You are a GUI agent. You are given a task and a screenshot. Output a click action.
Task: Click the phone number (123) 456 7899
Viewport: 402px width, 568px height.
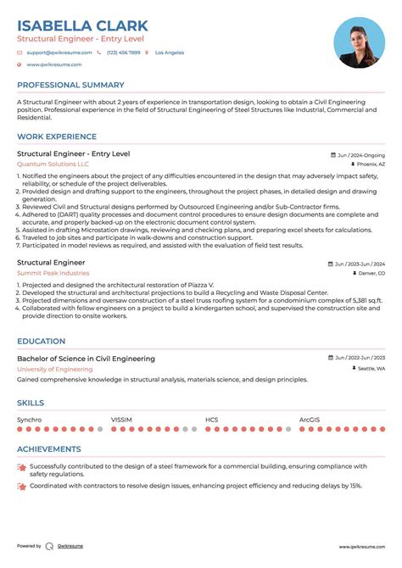(123, 53)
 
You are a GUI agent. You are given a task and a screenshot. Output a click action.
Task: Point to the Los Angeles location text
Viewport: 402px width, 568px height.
(168, 53)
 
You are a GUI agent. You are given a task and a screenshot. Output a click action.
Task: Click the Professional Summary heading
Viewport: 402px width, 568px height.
(70, 85)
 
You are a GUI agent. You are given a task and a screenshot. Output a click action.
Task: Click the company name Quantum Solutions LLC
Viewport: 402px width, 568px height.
(53, 164)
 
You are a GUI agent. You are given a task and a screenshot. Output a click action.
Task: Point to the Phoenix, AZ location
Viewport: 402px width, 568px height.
(370, 164)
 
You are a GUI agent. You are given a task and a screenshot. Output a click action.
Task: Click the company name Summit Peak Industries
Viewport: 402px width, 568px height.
(53, 273)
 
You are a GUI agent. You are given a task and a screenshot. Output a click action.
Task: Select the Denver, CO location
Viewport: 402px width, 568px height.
(371, 274)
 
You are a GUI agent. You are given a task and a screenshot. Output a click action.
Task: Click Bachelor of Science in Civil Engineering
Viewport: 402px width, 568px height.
(86, 359)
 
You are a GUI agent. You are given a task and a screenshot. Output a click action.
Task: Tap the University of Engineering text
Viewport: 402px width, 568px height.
(54, 370)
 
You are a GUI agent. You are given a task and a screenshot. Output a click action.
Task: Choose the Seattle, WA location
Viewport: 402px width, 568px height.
(371, 370)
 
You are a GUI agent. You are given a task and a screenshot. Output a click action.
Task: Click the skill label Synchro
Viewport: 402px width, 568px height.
(29, 419)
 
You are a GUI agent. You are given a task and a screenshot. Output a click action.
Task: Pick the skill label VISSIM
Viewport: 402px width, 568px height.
(121, 419)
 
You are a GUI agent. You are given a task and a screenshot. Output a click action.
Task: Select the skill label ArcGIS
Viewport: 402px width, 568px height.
(310, 419)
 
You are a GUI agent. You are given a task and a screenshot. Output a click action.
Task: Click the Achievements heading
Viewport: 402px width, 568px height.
(49, 449)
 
